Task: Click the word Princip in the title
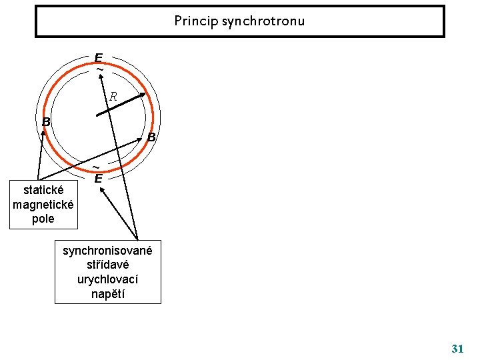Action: tap(193, 21)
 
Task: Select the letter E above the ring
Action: tap(99, 58)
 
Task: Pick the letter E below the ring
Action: tap(98, 179)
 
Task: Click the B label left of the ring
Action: tap(46, 122)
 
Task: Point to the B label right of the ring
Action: tap(151, 137)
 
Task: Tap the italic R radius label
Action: tap(113, 96)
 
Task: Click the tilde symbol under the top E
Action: tap(100, 69)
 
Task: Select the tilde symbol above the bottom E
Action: tap(96, 167)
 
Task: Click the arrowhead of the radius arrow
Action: tap(143, 94)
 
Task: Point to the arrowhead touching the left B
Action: tap(45, 132)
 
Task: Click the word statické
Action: tap(43, 191)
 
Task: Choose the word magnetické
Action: tap(43, 205)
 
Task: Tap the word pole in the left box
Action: tap(43, 219)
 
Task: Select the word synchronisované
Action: tap(107, 251)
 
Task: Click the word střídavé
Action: tap(107, 265)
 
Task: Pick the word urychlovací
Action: tap(107, 279)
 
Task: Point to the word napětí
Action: tap(107, 293)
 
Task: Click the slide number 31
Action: tap(457, 348)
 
